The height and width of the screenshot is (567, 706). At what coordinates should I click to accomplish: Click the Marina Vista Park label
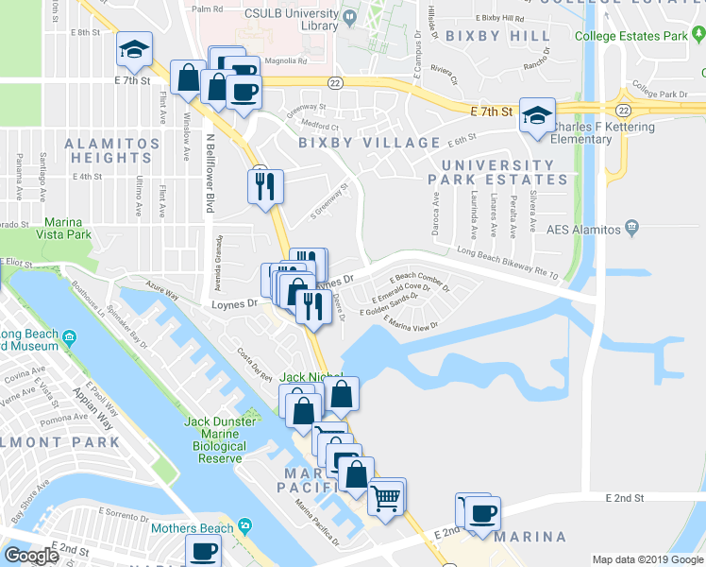65,228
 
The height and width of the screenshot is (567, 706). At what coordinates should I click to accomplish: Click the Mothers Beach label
189,525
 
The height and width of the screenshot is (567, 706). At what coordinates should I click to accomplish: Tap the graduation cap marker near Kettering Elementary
537,116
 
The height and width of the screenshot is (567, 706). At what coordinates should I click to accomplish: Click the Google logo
31,557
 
